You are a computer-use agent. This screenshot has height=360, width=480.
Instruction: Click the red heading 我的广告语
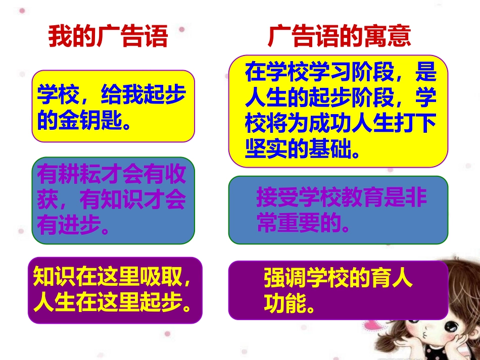point(108,36)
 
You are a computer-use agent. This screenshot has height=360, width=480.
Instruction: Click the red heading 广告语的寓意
point(340,36)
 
